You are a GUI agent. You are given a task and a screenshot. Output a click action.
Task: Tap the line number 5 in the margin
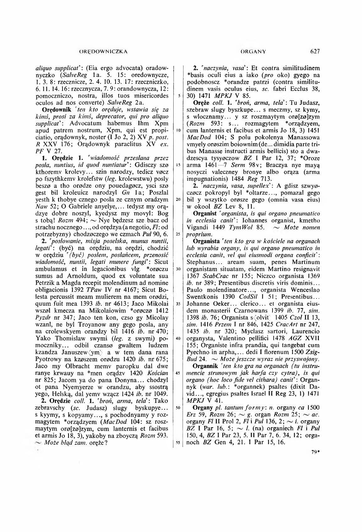pyautogui.click(x=178, y=96)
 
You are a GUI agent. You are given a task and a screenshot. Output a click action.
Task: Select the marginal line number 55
pyautogui.click(x=177, y=443)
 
